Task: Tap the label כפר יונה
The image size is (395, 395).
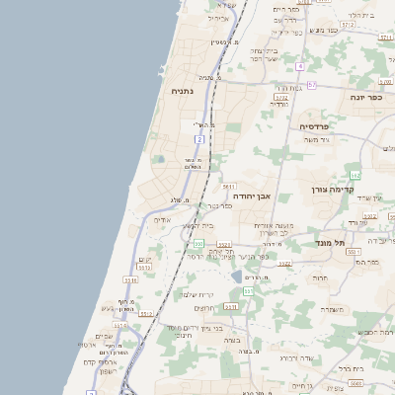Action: click(365, 97)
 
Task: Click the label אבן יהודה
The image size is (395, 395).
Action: click(251, 197)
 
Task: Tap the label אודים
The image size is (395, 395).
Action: click(163, 219)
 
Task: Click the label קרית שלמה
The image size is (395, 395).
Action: click(197, 294)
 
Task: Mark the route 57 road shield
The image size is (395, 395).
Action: click(312, 85)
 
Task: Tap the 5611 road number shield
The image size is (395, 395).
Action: click(228, 186)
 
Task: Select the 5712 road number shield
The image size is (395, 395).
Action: click(281, 97)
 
